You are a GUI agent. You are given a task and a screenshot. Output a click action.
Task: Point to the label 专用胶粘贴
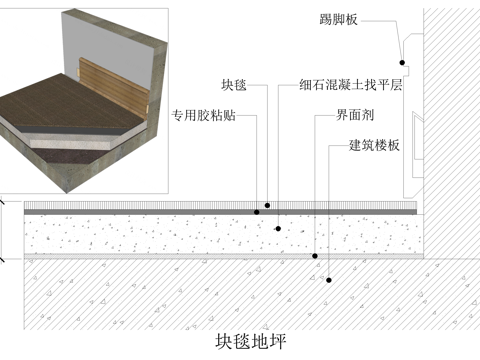tap(206, 114)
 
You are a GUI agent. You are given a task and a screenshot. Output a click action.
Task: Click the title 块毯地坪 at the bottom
tap(250, 340)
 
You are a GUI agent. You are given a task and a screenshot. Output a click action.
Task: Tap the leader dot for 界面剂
tap(316, 256)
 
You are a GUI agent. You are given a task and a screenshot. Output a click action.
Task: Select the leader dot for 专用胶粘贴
tap(257, 212)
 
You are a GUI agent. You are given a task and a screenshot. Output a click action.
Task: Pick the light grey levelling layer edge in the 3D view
tap(80, 145)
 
